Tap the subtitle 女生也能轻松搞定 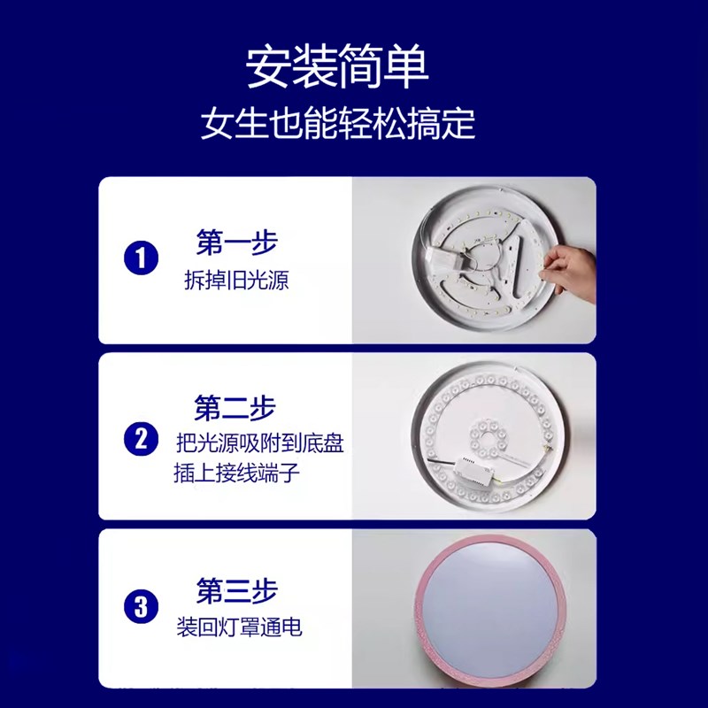tap(337, 124)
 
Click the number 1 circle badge tap(141, 258)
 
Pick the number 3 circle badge tap(141, 607)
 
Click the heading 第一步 tap(236, 242)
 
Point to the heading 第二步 tap(235, 408)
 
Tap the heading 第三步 tap(236, 589)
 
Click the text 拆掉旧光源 tap(236, 281)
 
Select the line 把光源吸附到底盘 tap(259, 443)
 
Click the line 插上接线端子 tap(236, 473)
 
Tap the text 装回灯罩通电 tap(239, 628)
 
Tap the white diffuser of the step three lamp tap(491, 611)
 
